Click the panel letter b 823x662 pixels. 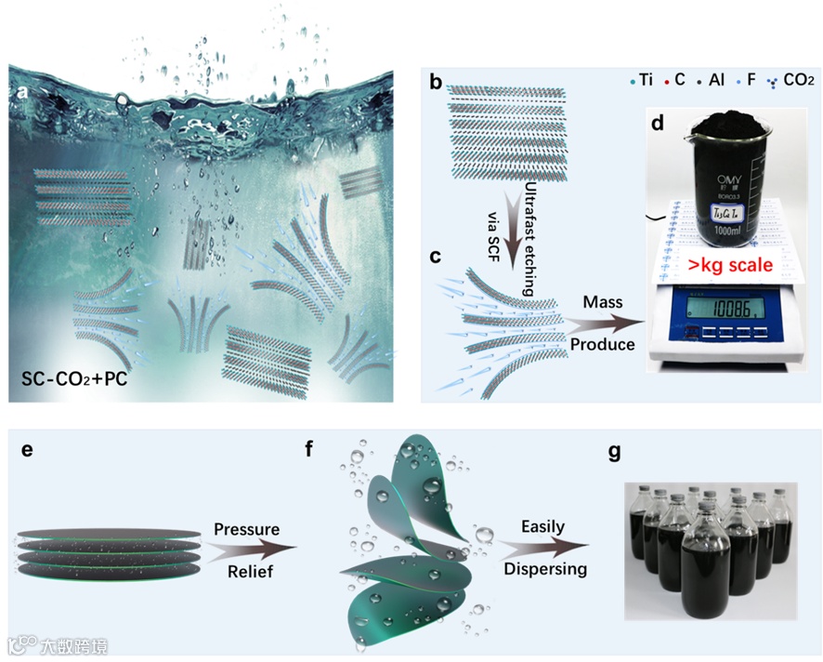click(x=437, y=83)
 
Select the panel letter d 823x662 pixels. click(x=658, y=122)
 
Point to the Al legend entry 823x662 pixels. click(x=711, y=81)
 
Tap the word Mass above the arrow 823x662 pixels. click(x=603, y=303)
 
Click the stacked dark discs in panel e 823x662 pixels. click(x=108, y=550)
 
